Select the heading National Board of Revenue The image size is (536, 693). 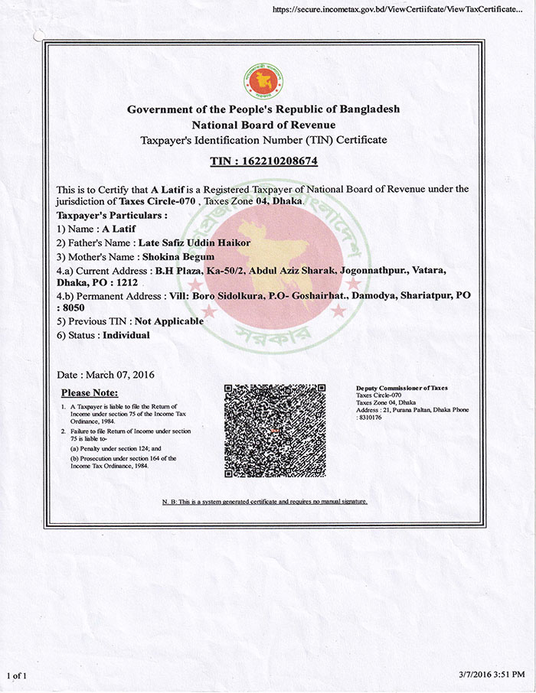tap(263, 125)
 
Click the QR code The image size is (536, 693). tap(275, 431)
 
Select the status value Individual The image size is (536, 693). tap(126, 335)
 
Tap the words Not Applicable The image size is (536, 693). tap(168, 321)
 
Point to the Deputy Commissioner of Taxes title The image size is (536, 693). tap(402, 389)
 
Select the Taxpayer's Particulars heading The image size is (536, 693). tap(112, 216)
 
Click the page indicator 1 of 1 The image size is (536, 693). tap(17, 675)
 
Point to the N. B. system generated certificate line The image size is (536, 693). tap(264, 501)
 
